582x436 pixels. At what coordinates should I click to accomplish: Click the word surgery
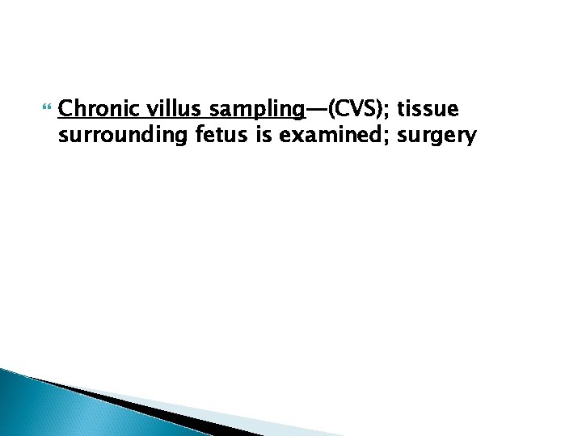(437, 136)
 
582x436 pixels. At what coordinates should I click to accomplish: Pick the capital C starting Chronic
(66, 108)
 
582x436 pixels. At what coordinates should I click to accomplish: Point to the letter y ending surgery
(471, 138)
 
